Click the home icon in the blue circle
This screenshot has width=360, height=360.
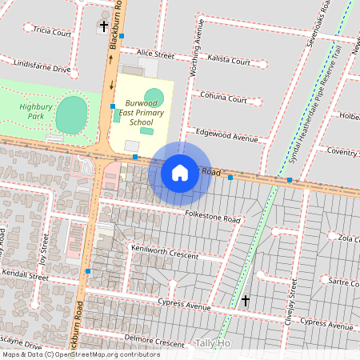pyautogui.click(x=180, y=172)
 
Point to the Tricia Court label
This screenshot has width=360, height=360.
pyautogui.click(x=52, y=33)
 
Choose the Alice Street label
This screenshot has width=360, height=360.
pyautogui.click(x=155, y=54)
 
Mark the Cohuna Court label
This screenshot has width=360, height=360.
pyautogui.click(x=223, y=99)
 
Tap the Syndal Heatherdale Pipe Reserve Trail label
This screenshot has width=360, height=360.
pyautogui.click(x=321, y=104)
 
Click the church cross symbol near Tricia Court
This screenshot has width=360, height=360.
pyautogui.click(x=103, y=26)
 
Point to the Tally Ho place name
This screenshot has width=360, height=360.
pyautogui.click(x=213, y=343)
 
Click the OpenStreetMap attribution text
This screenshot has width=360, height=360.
pyautogui.click(x=80, y=354)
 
